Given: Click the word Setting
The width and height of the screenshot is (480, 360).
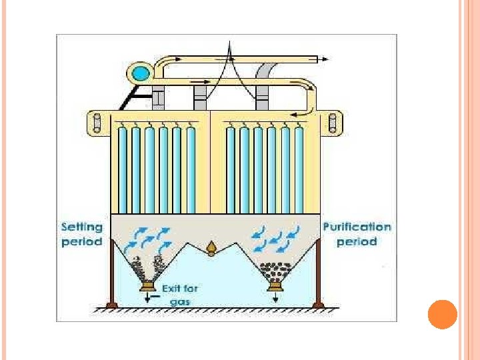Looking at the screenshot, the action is click(82, 227).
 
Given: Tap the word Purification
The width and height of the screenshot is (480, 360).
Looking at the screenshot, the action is click(357, 227).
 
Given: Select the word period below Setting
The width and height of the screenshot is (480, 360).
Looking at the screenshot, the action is click(82, 241).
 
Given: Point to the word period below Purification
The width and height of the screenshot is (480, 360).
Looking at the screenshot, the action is click(357, 241).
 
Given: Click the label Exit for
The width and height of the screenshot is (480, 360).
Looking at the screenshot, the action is click(180, 289).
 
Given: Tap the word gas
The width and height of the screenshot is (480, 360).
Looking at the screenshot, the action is click(180, 302).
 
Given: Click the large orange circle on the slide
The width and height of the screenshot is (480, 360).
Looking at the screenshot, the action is click(441, 315).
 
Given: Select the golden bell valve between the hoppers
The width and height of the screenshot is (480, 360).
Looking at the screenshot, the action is click(212, 248).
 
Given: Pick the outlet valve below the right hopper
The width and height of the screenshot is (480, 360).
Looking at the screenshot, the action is click(273, 287).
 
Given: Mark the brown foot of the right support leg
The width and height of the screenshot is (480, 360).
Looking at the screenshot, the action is click(317, 305).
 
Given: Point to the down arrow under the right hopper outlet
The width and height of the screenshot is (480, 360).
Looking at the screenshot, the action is click(275, 298).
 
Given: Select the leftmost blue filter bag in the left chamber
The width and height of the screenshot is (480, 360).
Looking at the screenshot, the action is click(121, 170).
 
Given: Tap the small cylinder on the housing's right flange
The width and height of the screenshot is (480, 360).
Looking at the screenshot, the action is click(332, 122).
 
